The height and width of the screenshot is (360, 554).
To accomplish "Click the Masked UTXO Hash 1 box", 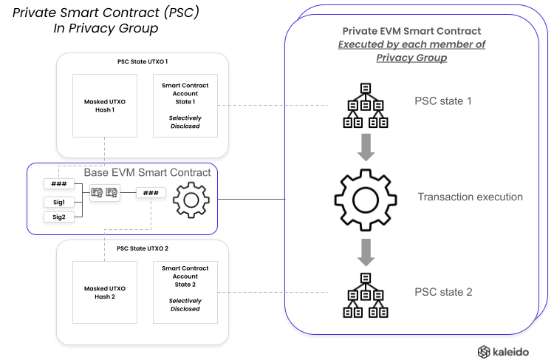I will (103, 106).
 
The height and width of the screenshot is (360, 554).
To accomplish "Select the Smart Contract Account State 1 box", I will (185, 106).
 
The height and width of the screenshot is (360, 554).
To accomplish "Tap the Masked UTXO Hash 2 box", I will (103, 291).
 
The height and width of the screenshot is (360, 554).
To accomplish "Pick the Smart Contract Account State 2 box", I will (185, 291).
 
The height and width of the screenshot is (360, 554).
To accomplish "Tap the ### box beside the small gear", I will (151, 193).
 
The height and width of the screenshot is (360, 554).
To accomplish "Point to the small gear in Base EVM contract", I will (191, 198).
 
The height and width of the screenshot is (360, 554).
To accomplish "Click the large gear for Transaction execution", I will (364, 198).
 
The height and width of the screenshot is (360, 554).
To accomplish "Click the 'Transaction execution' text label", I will (470, 197).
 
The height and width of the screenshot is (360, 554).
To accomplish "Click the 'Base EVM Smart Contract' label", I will (147, 172).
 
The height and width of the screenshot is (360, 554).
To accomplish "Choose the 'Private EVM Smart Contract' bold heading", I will (411, 31).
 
